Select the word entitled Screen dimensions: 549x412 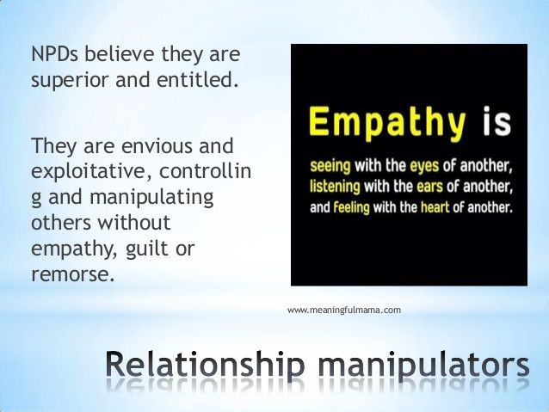pyautogui.click(x=195, y=79)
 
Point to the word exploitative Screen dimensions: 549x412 pyautogui.click(x=92, y=172)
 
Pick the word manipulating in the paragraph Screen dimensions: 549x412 pyautogui.click(x=151, y=198)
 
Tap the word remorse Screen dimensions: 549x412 pyautogui.click(x=73, y=274)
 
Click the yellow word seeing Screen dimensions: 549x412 pyautogui.click(x=330, y=166)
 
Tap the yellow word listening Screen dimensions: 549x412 pyautogui.click(x=335, y=187)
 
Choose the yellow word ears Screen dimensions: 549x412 pyautogui.click(x=429, y=187)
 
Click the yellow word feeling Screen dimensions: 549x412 pyautogui.click(x=351, y=207)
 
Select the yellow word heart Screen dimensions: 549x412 pyautogui.click(x=435, y=207)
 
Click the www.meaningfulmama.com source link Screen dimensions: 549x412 pyautogui.click(x=344, y=311)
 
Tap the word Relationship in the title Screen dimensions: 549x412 pyautogui.click(x=205, y=366)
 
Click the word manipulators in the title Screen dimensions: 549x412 pyautogui.click(x=423, y=366)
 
